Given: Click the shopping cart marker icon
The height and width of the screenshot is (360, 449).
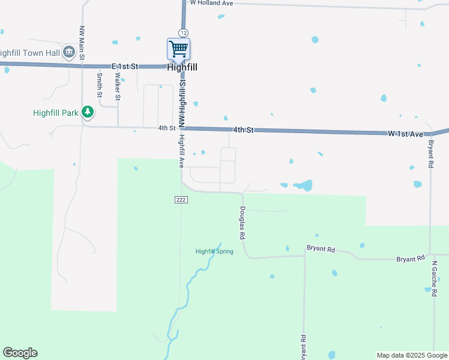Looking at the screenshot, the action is [x=178, y=49].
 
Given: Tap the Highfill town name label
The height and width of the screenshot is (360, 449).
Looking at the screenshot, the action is [x=182, y=67].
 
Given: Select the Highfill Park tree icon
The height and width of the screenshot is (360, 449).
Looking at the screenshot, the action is [x=88, y=112].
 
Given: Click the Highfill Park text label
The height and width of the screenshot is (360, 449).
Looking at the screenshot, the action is [x=56, y=112].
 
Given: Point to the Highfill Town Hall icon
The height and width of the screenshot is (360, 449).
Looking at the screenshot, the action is [x=69, y=52].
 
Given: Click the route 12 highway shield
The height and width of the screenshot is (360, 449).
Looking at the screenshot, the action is [x=182, y=32].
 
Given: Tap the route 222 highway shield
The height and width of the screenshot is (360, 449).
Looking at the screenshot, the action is [x=181, y=199].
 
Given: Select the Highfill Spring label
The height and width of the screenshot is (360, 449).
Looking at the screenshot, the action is [x=214, y=251].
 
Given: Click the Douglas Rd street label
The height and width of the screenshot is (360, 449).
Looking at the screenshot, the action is [x=243, y=223].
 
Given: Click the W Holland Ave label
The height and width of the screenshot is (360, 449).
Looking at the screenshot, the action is [x=211, y=3].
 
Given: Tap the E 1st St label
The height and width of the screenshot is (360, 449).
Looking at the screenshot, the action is [x=125, y=65].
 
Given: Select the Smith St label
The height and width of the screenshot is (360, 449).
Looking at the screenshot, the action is [x=100, y=85].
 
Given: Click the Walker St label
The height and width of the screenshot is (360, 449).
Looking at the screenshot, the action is [x=118, y=88].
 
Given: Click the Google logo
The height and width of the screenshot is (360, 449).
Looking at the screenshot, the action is [x=20, y=353].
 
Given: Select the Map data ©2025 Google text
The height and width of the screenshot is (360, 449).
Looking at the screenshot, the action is [x=412, y=355].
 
